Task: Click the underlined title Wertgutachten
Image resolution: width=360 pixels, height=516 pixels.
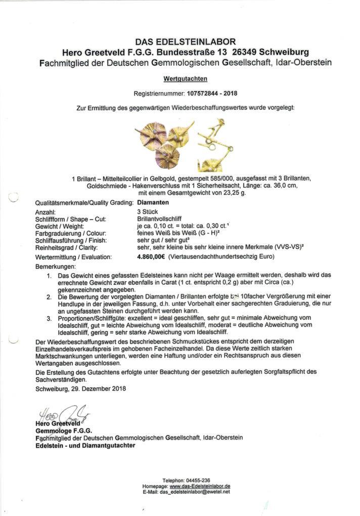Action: coord(185,79)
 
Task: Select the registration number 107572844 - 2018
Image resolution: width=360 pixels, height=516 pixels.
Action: coord(211,94)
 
